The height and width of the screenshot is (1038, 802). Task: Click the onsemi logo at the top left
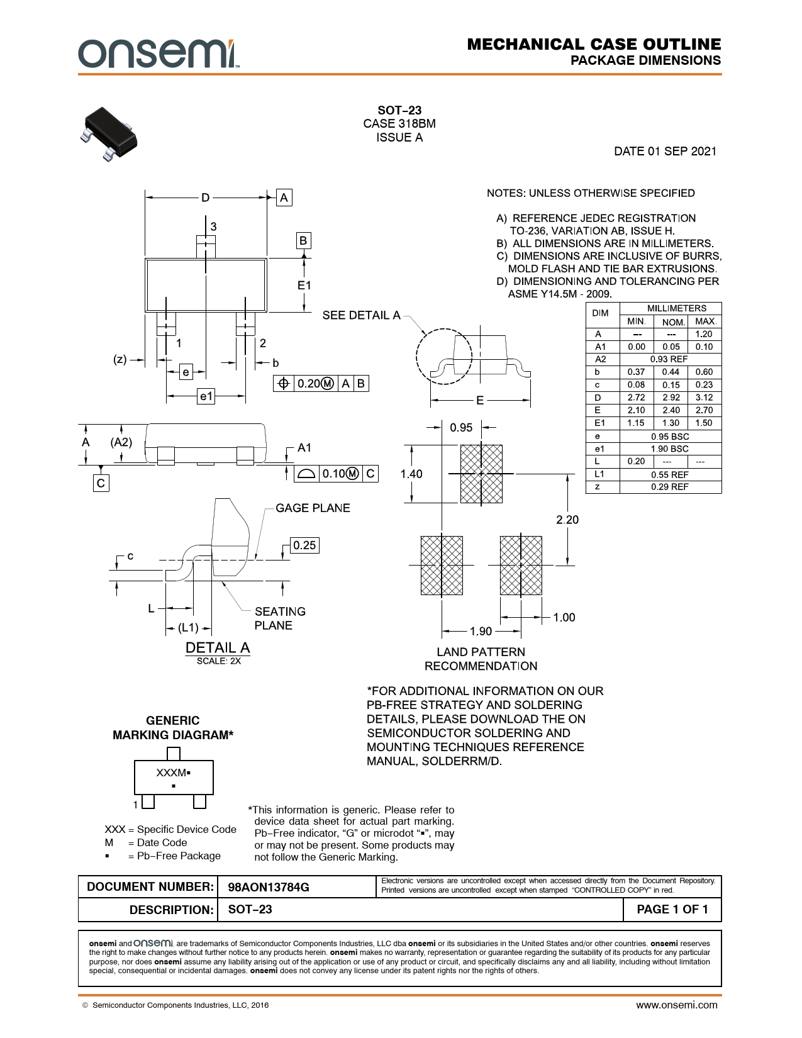[159, 53]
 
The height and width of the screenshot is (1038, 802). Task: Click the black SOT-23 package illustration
[109, 134]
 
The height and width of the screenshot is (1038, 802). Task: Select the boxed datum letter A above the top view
[284, 198]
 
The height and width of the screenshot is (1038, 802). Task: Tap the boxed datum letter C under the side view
[101, 483]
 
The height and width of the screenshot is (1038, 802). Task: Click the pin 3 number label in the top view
[213, 226]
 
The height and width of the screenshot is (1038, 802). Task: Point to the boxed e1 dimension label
[206, 396]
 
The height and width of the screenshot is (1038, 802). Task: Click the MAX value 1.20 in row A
[704, 335]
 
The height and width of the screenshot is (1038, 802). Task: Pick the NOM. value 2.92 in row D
[671, 398]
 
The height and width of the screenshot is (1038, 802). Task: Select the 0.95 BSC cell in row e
[670, 436]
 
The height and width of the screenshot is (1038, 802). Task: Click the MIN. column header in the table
[636, 321]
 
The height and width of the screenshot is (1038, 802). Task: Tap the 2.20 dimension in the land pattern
[567, 520]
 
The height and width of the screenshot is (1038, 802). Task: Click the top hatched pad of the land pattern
[481, 474]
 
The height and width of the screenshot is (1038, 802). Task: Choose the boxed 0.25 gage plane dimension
[304, 545]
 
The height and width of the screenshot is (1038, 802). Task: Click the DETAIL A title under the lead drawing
[218, 648]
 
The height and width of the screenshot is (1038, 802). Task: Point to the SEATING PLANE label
[280, 618]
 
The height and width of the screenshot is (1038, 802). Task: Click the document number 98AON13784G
[269, 887]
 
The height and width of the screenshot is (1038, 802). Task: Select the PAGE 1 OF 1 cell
[672, 909]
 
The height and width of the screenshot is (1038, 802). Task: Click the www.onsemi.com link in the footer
[676, 1005]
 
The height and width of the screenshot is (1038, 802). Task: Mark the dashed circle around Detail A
[444, 356]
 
